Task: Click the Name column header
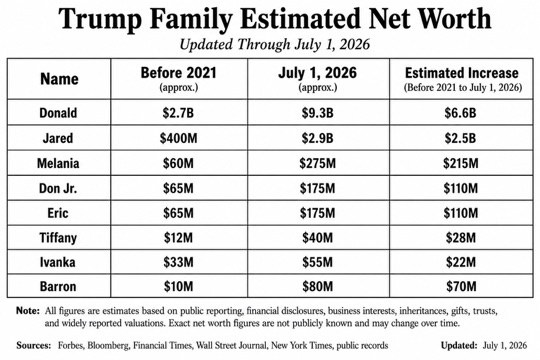pos(59,79)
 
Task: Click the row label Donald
pos(58,113)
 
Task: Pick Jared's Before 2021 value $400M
pos(178,138)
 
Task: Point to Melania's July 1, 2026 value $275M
pos(318,163)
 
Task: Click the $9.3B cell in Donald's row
pos(318,113)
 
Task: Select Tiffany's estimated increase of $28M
pos(461,238)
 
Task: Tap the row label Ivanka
pos(58,262)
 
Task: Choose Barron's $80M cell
pos(318,287)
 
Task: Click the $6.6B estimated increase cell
pos(460,113)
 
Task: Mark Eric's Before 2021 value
pos(178,213)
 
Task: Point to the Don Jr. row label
pos(58,188)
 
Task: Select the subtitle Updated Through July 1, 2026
pos(274,44)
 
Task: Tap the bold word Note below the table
pos(28,311)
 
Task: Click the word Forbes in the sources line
pos(71,345)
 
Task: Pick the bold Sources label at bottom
pos(33,345)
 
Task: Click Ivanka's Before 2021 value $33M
pos(178,262)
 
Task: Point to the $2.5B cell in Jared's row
pos(460,138)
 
